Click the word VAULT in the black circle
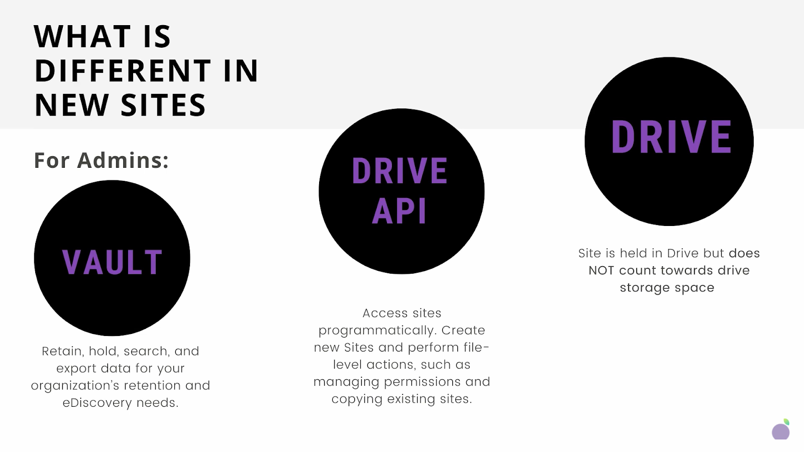pos(112,262)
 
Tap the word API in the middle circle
pos(399,211)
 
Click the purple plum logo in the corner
pos(780,431)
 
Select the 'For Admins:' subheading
pos(101,161)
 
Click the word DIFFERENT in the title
pos(123,71)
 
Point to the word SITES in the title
pos(163,105)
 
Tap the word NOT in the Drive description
pos(601,271)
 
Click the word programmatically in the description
pos(377,330)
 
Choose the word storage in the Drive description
pos(645,288)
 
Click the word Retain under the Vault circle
pos(62,351)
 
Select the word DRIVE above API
pos(399,171)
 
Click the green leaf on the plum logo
pos(786,422)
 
